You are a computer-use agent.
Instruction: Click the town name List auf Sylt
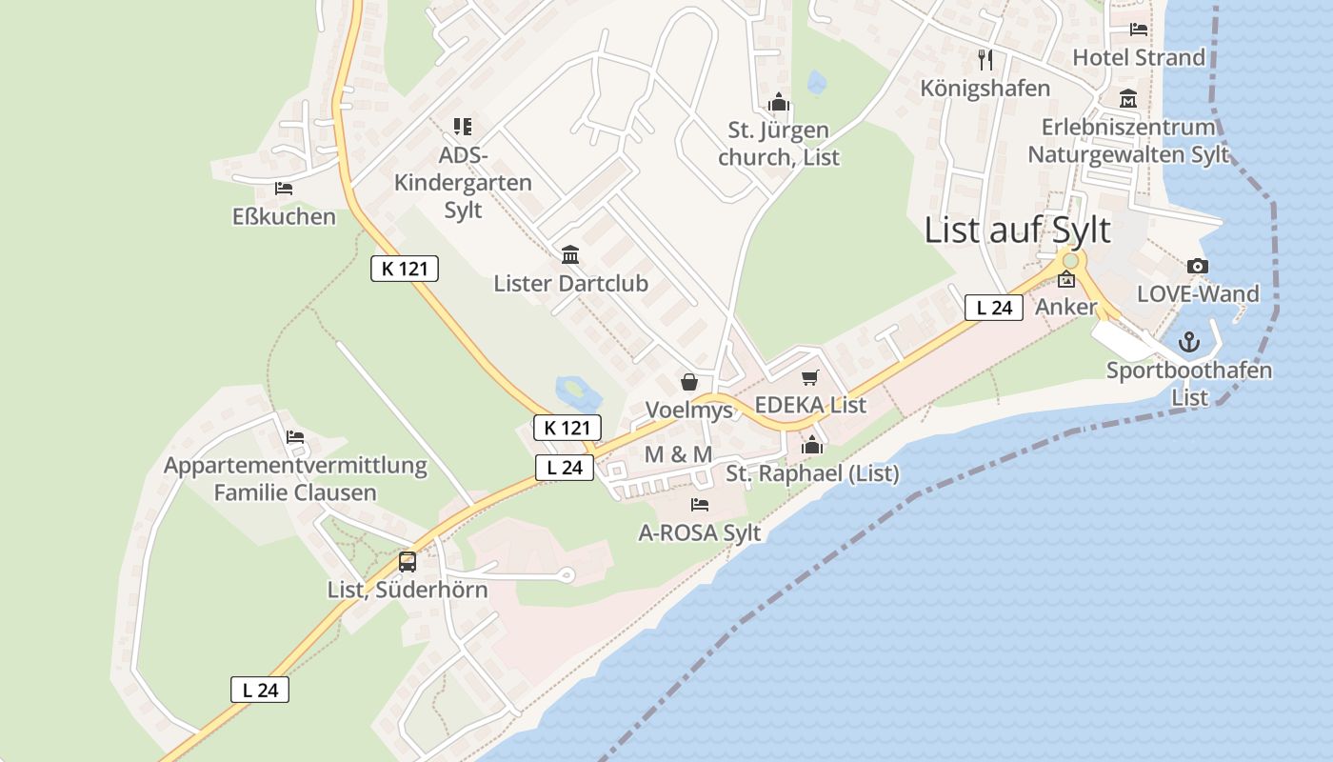tap(1017, 231)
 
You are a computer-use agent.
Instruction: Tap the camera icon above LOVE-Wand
tap(1198, 267)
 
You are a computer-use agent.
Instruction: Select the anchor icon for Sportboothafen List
tap(1189, 342)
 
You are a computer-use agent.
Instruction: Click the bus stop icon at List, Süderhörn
tap(408, 561)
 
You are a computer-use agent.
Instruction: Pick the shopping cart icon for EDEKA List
tap(809, 378)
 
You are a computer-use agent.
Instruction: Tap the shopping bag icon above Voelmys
tap(689, 382)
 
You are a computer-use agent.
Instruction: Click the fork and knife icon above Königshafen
tap(985, 60)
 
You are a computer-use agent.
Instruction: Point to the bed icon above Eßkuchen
tap(283, 189)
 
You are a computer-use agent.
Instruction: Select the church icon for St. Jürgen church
tap(779, 101)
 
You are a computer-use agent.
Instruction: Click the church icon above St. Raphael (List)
tap(811, 444)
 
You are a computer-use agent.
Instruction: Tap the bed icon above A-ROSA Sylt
tap(700, 504)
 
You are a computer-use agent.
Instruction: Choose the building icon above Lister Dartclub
tap(570, 254)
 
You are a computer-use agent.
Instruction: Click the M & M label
tap(678, 454)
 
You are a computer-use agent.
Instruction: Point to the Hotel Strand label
tap(1139, 57)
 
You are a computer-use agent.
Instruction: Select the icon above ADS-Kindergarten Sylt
tap(463, 126)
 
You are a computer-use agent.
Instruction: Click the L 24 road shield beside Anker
tap(993, 308)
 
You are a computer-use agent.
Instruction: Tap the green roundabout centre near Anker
tap(1070, 260)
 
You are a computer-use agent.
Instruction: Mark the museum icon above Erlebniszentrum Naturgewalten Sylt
tap(1128, 98)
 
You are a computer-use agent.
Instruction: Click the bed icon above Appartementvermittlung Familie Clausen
tap(295, 437)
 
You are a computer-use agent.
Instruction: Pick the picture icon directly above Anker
tap(1066, 280)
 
